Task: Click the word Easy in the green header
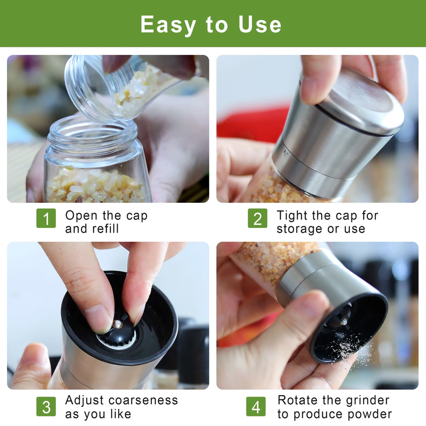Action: (168, 25)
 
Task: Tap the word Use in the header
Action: (260, 24)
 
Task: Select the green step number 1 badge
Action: (46, 218)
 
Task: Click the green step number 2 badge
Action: (257, 218)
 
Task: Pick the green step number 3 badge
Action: (46, 407)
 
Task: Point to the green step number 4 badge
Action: (256, 407)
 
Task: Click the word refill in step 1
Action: (104, 228)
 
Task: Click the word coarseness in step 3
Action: (143, 400)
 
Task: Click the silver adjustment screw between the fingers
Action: (118, 324)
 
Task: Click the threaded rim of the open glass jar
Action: (92, 131)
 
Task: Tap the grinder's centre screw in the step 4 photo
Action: (344, 322)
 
